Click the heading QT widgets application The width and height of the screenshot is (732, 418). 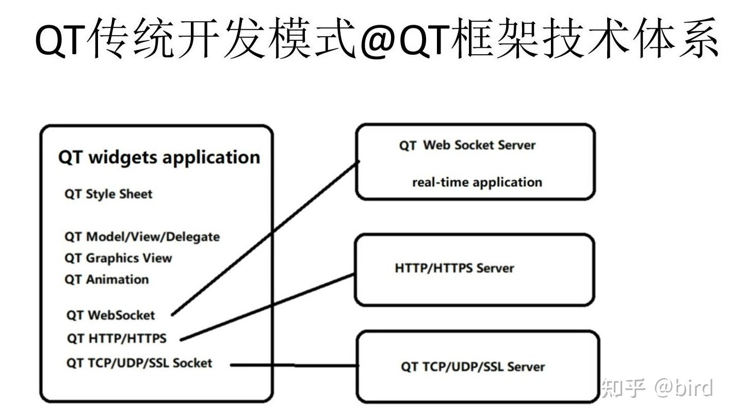pyautogui.click(x=159, y=157)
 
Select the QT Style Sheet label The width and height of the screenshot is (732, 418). pyautogui.click(x=108, y=194)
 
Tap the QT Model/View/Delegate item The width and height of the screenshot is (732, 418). pyautogui.click(x=142, y=237)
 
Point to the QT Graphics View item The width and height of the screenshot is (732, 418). pyautogui.click(x=118, y=258)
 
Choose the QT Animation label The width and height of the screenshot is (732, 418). pyautogui.click(x=106, y=280)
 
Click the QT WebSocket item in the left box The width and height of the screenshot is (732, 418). pyautogui.click(x=110, y=315)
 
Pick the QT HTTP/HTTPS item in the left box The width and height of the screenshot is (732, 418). pyautogui.click(x=117, y=339)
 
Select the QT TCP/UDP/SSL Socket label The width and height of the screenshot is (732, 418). pyautogui.click(x=139, y=363)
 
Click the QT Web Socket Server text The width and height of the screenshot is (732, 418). pyautogui.click(x=467, y=145)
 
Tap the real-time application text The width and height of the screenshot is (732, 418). pyautogui.click(x=477, y=182)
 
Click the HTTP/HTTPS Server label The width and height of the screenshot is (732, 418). pyautogui.click(x=454, y=268)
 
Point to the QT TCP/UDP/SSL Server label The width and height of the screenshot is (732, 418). pyautogui.click(x=473, y=367)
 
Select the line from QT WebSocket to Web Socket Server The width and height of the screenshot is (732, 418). pyautogui.click(x=266, y=238)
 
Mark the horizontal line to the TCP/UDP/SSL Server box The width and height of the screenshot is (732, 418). pyautogui.click(x=294, y=365)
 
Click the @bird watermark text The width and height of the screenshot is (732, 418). pyautogui.click(x=684, y=388)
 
